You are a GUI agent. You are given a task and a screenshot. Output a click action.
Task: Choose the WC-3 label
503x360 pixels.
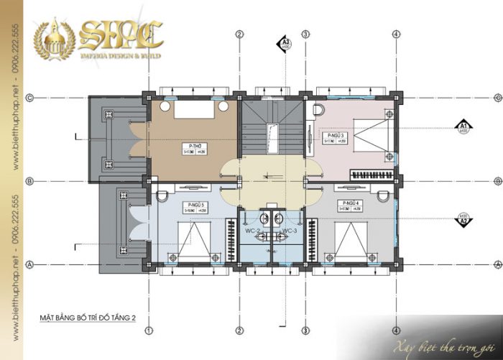tap(289, 231)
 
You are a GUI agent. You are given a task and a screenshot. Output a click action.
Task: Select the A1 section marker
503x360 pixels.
tap(463, 129)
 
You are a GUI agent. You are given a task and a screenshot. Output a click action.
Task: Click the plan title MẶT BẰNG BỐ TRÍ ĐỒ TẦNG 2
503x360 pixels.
tap(88, 316)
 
